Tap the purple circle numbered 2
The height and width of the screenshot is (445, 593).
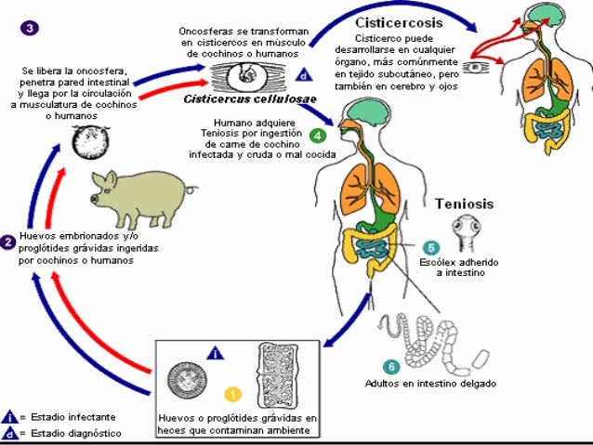pyautogui.click(x=7, y=242)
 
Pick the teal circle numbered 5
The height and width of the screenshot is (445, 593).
pyautogui.click(x=430, y=247)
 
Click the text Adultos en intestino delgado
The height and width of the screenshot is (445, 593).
pyautogui.click(x=443, y=383)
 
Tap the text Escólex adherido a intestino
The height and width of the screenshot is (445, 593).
pyautogui.click(x=470, y=268)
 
